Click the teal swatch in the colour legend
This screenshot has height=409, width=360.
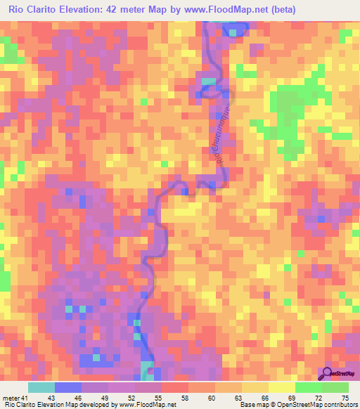41,387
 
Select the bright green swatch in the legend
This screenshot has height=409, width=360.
309,387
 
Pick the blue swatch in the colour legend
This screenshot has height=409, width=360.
68,387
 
